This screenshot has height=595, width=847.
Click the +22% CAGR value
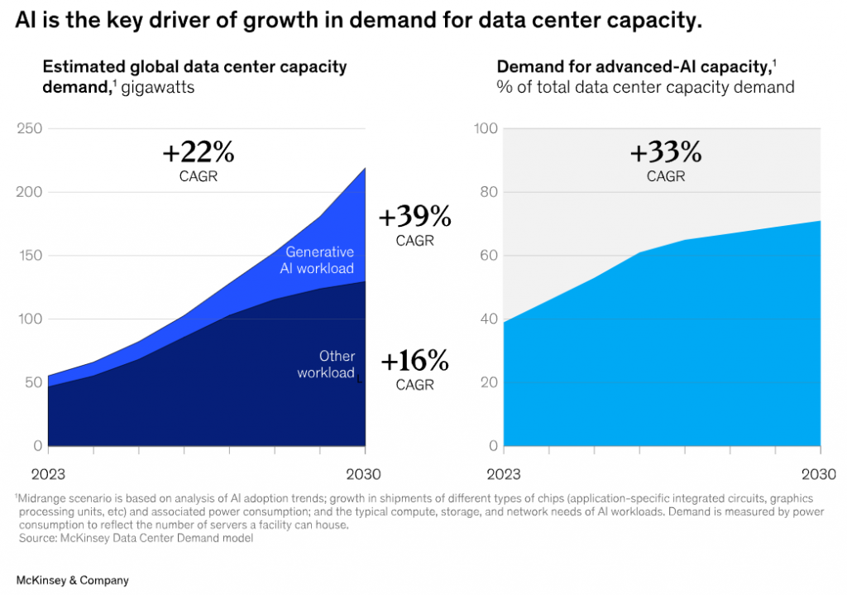point(199,153)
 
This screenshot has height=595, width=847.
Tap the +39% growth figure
point(414,217)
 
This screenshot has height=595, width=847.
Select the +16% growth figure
point(414,361)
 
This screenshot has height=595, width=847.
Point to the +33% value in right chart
point(665,153)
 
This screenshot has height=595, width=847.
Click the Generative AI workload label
point(319,260)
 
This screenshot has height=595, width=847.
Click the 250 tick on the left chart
point(31,129)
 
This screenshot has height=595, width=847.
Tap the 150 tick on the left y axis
point(31,256)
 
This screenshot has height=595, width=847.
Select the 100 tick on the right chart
point(486,129)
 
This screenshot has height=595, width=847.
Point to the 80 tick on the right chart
point(488,192)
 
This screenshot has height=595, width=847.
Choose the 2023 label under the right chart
point(504,474)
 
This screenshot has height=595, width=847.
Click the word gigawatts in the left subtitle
point(157,86)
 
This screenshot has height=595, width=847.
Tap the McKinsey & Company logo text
point(73,580)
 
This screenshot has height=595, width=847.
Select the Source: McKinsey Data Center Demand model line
point(136,538)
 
